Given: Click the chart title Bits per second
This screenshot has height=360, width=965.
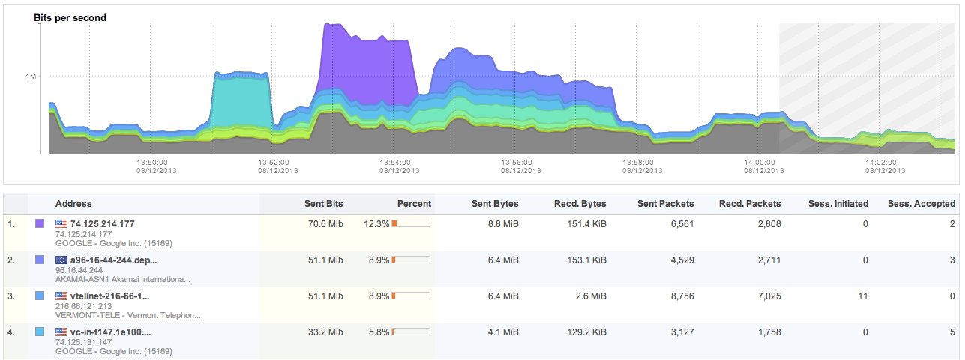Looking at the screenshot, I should coord(70,17).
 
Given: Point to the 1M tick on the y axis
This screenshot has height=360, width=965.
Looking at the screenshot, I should coord(31,76).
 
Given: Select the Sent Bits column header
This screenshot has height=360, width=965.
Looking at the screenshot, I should coord(323,204).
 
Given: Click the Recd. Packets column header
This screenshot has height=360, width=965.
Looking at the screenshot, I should coord(750,204).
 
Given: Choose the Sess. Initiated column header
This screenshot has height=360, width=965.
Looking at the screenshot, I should coord(838,204).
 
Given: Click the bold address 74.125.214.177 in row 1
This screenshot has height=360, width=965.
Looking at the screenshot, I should coord(102,223).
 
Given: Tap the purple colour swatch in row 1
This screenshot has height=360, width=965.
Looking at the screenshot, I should coord(40,223).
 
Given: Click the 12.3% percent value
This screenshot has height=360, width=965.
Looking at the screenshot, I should coord(376,223).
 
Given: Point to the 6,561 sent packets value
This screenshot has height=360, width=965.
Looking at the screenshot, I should coord(679,223).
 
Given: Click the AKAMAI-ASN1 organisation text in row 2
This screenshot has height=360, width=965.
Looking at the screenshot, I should coord(123,279).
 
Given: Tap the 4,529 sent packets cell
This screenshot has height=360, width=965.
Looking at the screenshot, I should coord(679,259).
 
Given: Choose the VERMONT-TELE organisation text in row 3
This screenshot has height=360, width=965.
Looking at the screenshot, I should coord(128,315).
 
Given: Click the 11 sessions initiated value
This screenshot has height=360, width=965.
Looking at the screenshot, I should coord(863,295).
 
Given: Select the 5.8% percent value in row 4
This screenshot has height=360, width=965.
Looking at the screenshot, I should coord(376,331).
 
